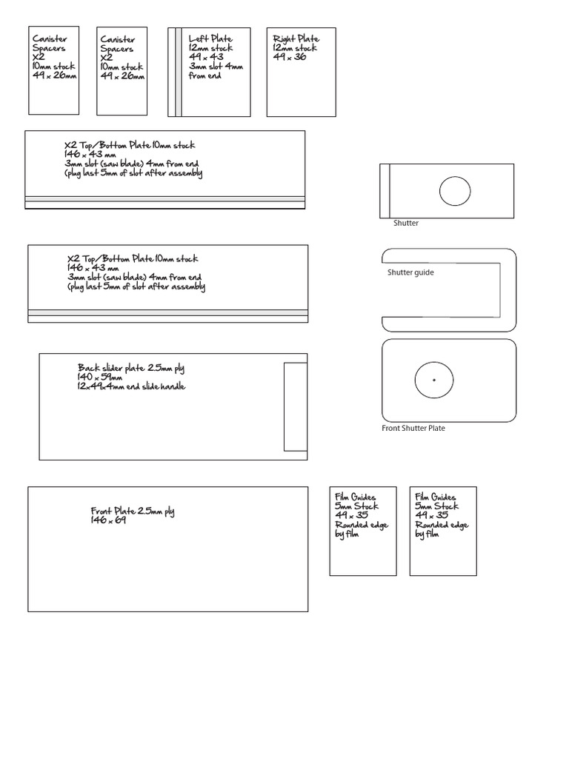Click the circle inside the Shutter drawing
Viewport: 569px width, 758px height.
(x=455, y=191)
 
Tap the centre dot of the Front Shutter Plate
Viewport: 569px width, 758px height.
(x=433, y=380)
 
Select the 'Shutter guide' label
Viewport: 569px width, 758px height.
(x=410, y=272)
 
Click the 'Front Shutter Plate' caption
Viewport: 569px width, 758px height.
(x=413, y=429)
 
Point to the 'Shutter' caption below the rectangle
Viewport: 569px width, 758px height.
(x=406, y=223)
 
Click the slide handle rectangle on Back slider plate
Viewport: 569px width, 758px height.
(x=295, y=406)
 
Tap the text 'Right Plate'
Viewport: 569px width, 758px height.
(x=296, y=38)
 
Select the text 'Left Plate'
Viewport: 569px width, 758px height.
(x=210, y=38)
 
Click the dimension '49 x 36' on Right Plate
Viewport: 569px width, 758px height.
(x=290, y=57)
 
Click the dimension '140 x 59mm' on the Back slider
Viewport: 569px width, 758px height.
(x=99, y=377)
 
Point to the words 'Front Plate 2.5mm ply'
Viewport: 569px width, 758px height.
(x=133, y=512)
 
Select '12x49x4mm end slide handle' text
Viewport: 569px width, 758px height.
(x=131, y=386)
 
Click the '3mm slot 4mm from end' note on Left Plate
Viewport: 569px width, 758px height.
(x=216, y=71)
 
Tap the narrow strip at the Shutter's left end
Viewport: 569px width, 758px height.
(x=385, y=191)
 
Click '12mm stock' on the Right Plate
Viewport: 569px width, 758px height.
(x=295, y=48)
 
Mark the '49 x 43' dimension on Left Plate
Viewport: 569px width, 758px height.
(x=205, y=57)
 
